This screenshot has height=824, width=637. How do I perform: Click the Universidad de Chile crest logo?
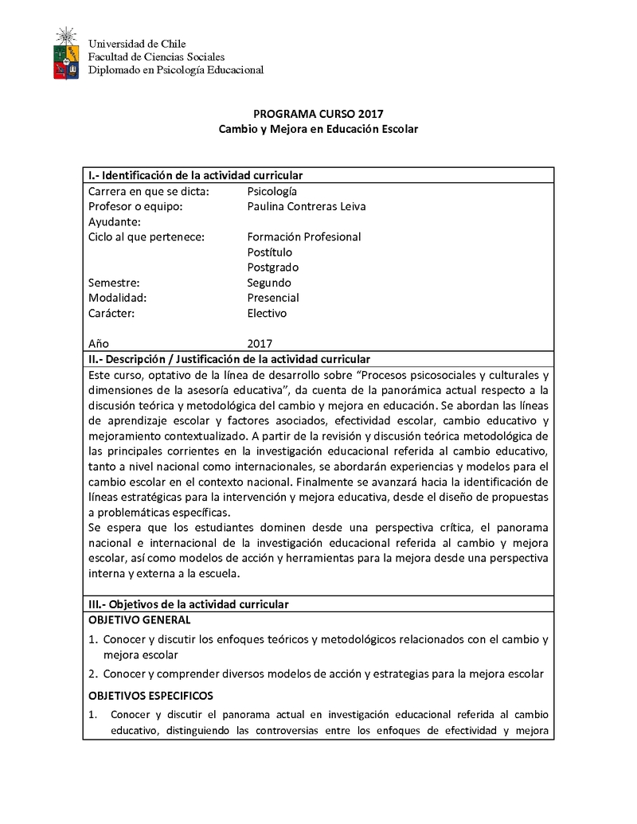(x=66, y=53)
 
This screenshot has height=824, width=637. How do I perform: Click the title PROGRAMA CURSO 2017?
(x=318, y=114)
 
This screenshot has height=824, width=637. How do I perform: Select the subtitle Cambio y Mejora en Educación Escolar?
(x=318, y=129)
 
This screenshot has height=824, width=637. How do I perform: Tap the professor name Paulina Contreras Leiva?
(x=307, y=207)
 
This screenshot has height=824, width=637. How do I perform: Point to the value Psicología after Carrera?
(x=272, y=192)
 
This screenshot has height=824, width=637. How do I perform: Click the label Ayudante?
(x=115, y=222)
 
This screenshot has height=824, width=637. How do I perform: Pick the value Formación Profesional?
(x=304, y=237)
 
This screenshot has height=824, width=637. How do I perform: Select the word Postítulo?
(x=270, y=252)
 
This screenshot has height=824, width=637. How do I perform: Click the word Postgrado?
(x=273, y=268)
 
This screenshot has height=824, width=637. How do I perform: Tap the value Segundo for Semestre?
(x=269, y=283)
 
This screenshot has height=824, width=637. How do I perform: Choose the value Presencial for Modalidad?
(x=273, y=298)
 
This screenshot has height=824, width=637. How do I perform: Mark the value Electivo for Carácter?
(x=267, y=313)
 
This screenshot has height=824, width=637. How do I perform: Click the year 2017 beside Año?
(x=260, y=344)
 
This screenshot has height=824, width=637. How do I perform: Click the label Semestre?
(x=114, y=283)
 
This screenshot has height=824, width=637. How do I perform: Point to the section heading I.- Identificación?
(x=195, y=175)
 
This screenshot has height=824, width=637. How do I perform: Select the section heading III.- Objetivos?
(x=188, y=604)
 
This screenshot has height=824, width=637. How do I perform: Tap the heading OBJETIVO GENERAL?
(x=139, y=620)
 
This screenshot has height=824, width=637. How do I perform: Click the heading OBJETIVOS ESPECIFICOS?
(x=150, y=696)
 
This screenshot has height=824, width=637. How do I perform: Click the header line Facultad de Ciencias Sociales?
(x=156, y=57)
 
